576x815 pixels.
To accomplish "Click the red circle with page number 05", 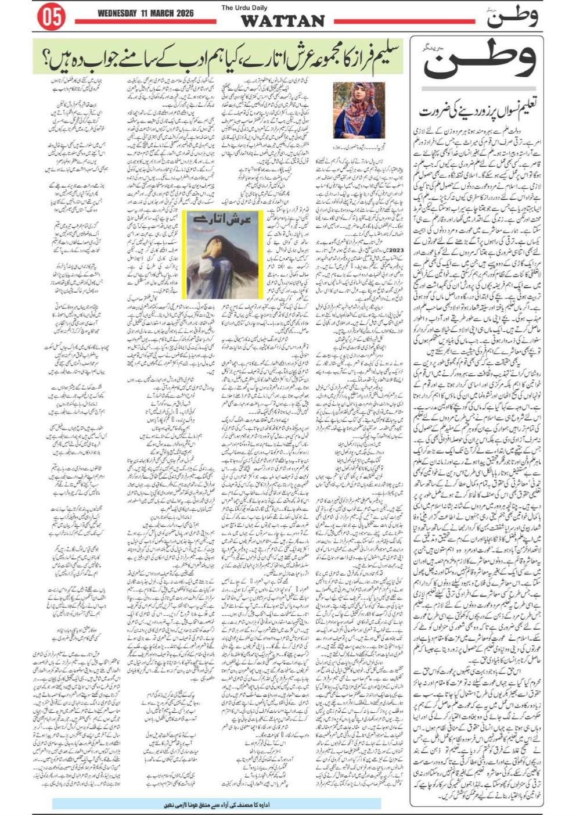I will pos(51,17).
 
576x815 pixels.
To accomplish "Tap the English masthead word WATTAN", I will pos(282,21).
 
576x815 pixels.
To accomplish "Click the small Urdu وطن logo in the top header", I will pos(511,17).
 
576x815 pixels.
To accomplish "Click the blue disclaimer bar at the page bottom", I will pos(216,804).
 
